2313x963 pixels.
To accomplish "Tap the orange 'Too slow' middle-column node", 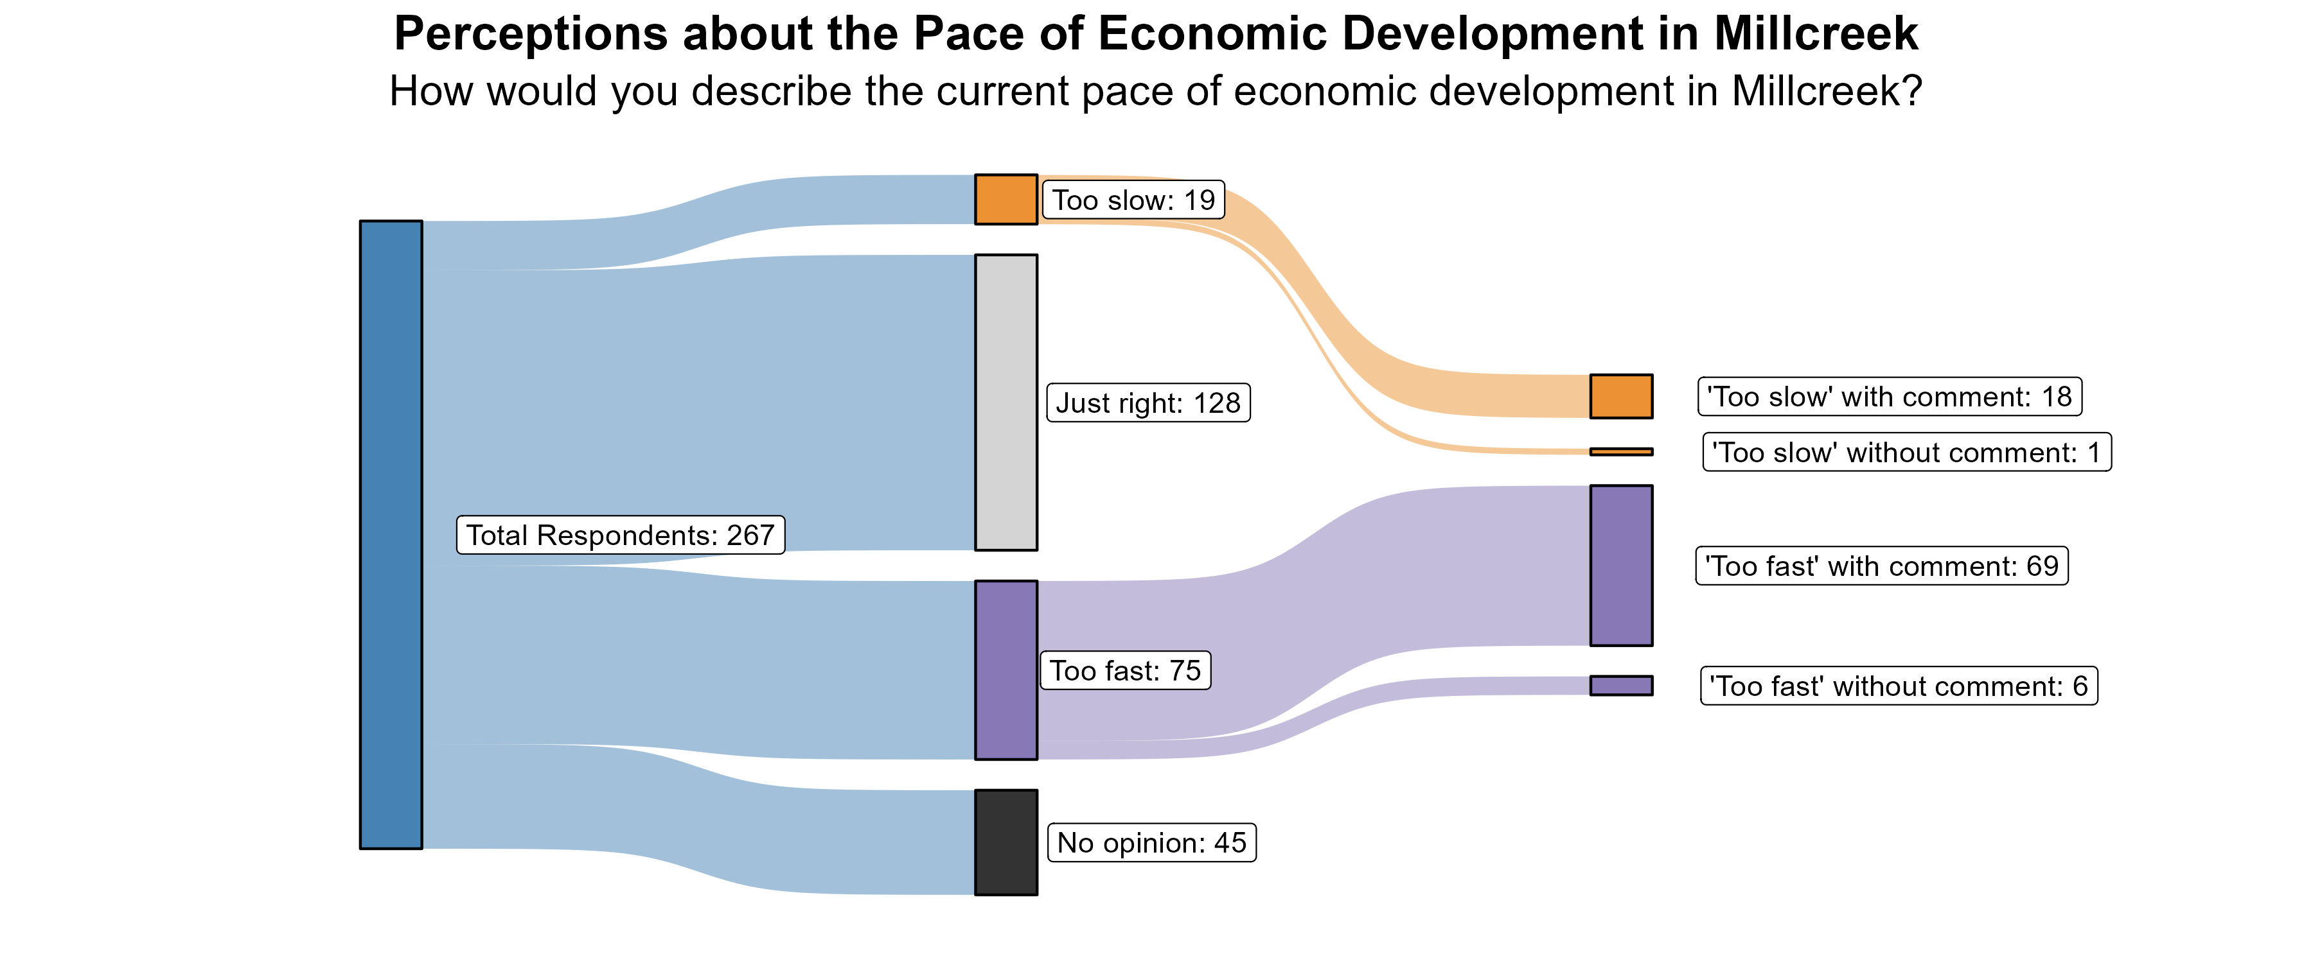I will pyautogui.click(x=1006, y=199).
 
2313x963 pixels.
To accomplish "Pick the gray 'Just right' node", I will pyautogui.click(x=1006, y=402).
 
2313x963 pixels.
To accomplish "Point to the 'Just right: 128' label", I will pyautogui.click(x=1148, y=403).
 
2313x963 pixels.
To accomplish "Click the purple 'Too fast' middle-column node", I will pyautogui.click(x=1006, y=670).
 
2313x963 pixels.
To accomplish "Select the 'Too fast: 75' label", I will pyautogui.click(x=1125, y=670).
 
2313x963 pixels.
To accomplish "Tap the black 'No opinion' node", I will pyautogui.click(x=1006, y=842).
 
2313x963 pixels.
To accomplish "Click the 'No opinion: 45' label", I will pyautogui.click(x=1151, y=843).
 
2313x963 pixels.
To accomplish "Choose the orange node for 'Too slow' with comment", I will pyautogui.click(x=1621, y=395).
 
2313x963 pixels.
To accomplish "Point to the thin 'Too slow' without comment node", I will pyautogui.click(x=1621, y=451).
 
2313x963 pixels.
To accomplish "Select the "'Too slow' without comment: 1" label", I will pyautogui.click(x=1906, y=453).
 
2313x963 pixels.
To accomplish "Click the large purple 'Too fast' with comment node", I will pyautogui.click(x=1621, y=566).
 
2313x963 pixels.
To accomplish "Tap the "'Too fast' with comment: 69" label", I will pyautogui.click(x=1881, y=566).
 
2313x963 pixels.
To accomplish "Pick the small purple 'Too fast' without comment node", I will pyautogui.click(x=1621, y=686).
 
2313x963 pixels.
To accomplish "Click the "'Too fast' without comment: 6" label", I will pyautogui.click(x=1898, y=686).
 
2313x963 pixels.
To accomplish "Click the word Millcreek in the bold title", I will pyautogui.click(x=1816, y=34).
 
